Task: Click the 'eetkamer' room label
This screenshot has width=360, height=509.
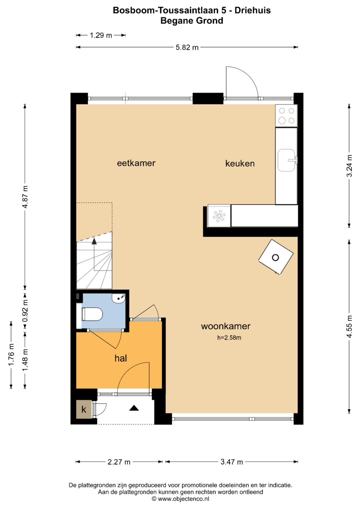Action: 136,163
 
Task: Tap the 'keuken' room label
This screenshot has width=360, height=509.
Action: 240,163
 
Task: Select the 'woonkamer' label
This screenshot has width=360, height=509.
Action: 226,326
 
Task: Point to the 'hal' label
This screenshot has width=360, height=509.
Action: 121,358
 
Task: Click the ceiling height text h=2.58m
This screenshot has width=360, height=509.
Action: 229,338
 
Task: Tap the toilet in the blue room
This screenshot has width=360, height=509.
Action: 92,314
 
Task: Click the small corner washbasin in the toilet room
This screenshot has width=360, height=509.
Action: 118,298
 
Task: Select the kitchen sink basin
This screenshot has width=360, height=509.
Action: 286,160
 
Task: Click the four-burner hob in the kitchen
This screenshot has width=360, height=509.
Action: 286,116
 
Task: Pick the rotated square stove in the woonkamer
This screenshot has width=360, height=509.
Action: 276,257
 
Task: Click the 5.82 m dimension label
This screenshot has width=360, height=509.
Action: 187,47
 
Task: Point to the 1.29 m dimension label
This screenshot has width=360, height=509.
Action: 101,35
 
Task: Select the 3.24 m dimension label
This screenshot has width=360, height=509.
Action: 349,166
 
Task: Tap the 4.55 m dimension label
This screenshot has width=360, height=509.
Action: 349,327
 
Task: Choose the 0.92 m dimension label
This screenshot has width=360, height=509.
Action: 25,311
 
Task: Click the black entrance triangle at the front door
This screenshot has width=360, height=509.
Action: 134,408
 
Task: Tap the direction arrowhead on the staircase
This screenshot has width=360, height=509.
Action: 94,241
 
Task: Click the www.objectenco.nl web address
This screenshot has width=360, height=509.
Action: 183,499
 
